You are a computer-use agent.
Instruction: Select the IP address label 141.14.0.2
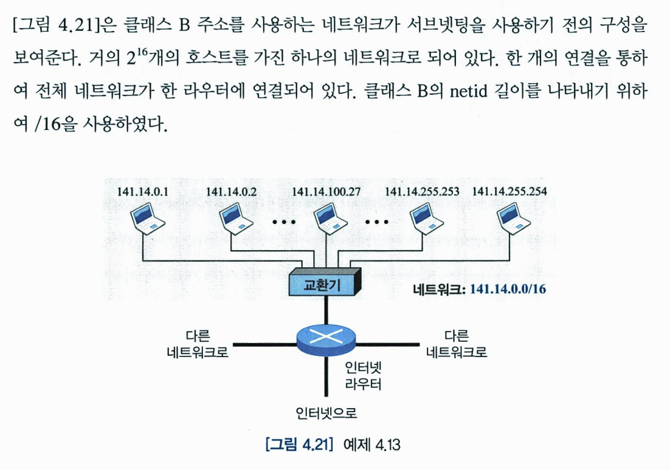231,192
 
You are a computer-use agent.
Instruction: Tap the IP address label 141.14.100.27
327,192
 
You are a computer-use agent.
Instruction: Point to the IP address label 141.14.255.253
423,192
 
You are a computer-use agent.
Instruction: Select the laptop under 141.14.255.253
423,217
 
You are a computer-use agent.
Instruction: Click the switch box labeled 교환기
327,284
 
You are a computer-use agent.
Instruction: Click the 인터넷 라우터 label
363,376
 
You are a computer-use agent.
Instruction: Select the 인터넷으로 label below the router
326,414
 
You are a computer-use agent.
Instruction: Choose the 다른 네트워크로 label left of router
198,344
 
